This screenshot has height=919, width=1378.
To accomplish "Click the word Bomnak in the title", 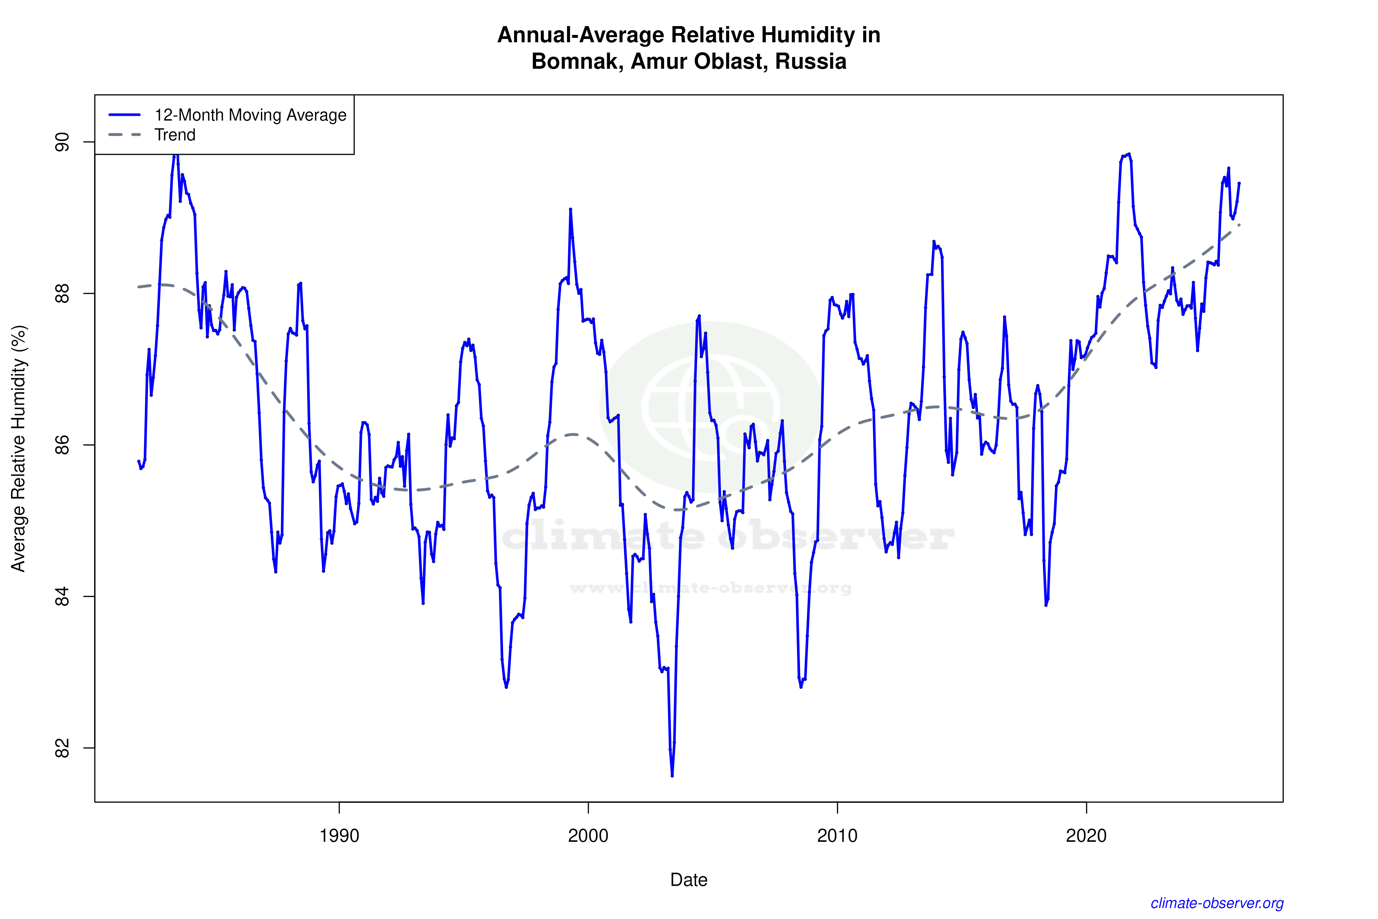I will click(x=577, y=61).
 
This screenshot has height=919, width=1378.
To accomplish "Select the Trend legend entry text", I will click(x=175, y=135).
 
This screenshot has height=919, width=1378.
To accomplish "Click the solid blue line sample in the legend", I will click(x=125, y=115).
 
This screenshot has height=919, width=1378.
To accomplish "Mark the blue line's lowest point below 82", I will click(x=672, y=775).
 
